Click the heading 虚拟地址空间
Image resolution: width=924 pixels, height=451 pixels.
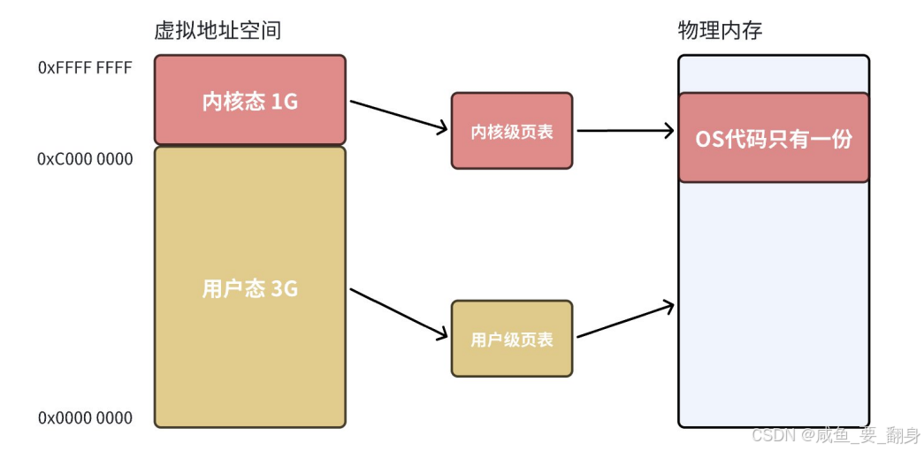coord(218,30)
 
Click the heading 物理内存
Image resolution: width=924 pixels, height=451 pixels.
coord(720,30)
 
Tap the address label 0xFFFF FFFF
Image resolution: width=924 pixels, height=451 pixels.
coord(85,67)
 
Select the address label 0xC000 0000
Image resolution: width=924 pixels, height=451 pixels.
coord(85,159)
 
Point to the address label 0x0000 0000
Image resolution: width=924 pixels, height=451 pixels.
coord(85,418)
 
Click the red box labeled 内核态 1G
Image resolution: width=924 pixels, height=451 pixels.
coord(250,100)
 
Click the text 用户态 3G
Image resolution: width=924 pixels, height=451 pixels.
coord(250,288)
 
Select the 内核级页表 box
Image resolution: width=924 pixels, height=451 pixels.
coord(512,131)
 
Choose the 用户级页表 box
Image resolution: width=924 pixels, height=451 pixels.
coord(512,339)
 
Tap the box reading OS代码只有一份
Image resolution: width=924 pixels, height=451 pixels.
coord(774,138)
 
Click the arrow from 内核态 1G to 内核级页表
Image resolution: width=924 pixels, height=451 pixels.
coord(399,116)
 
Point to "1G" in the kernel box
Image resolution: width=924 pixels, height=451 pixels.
coord(284,101)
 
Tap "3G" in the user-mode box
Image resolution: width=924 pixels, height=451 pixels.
coord(284,289)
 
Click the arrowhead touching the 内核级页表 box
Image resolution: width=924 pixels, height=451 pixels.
coord(443,129)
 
